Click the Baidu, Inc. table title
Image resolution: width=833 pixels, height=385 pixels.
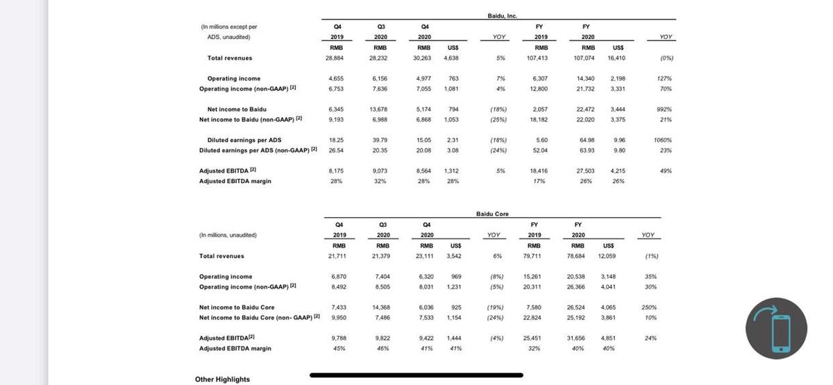pyautogui.click(x=503, y=15)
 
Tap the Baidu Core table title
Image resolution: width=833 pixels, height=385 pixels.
pyautogui.click(x=492, y=214)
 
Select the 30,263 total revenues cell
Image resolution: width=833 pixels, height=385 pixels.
pyautogui.click(x=424, y=58)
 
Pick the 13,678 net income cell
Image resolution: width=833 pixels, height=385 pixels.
pyautogui.click(x=379, y=109)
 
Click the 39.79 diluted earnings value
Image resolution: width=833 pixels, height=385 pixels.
pyautogui.click(x=380, y=139)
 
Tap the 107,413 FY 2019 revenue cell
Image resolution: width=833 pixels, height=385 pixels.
pyautogui.click(x=538, y=58)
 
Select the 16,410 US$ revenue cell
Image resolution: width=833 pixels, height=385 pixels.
pyautogui.click(x=618, y=58)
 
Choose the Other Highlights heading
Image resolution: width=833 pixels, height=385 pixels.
pyautogui.click(x=222, y=379)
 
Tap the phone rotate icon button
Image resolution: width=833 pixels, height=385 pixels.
pyautogui.click(x=776, y=329)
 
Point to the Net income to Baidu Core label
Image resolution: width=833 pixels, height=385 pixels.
pyautogui.click(x=237, y=307)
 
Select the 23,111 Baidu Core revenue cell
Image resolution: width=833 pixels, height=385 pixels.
pyautogui.click(x=425, y=256)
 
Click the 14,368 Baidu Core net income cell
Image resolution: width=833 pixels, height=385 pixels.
pyautogui.click(x=382, y=307)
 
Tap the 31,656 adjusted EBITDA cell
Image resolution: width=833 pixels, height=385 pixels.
pyautogui.click(x=576, y=338)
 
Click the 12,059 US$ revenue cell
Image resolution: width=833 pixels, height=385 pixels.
pyautogui.click(x=607, y=256)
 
